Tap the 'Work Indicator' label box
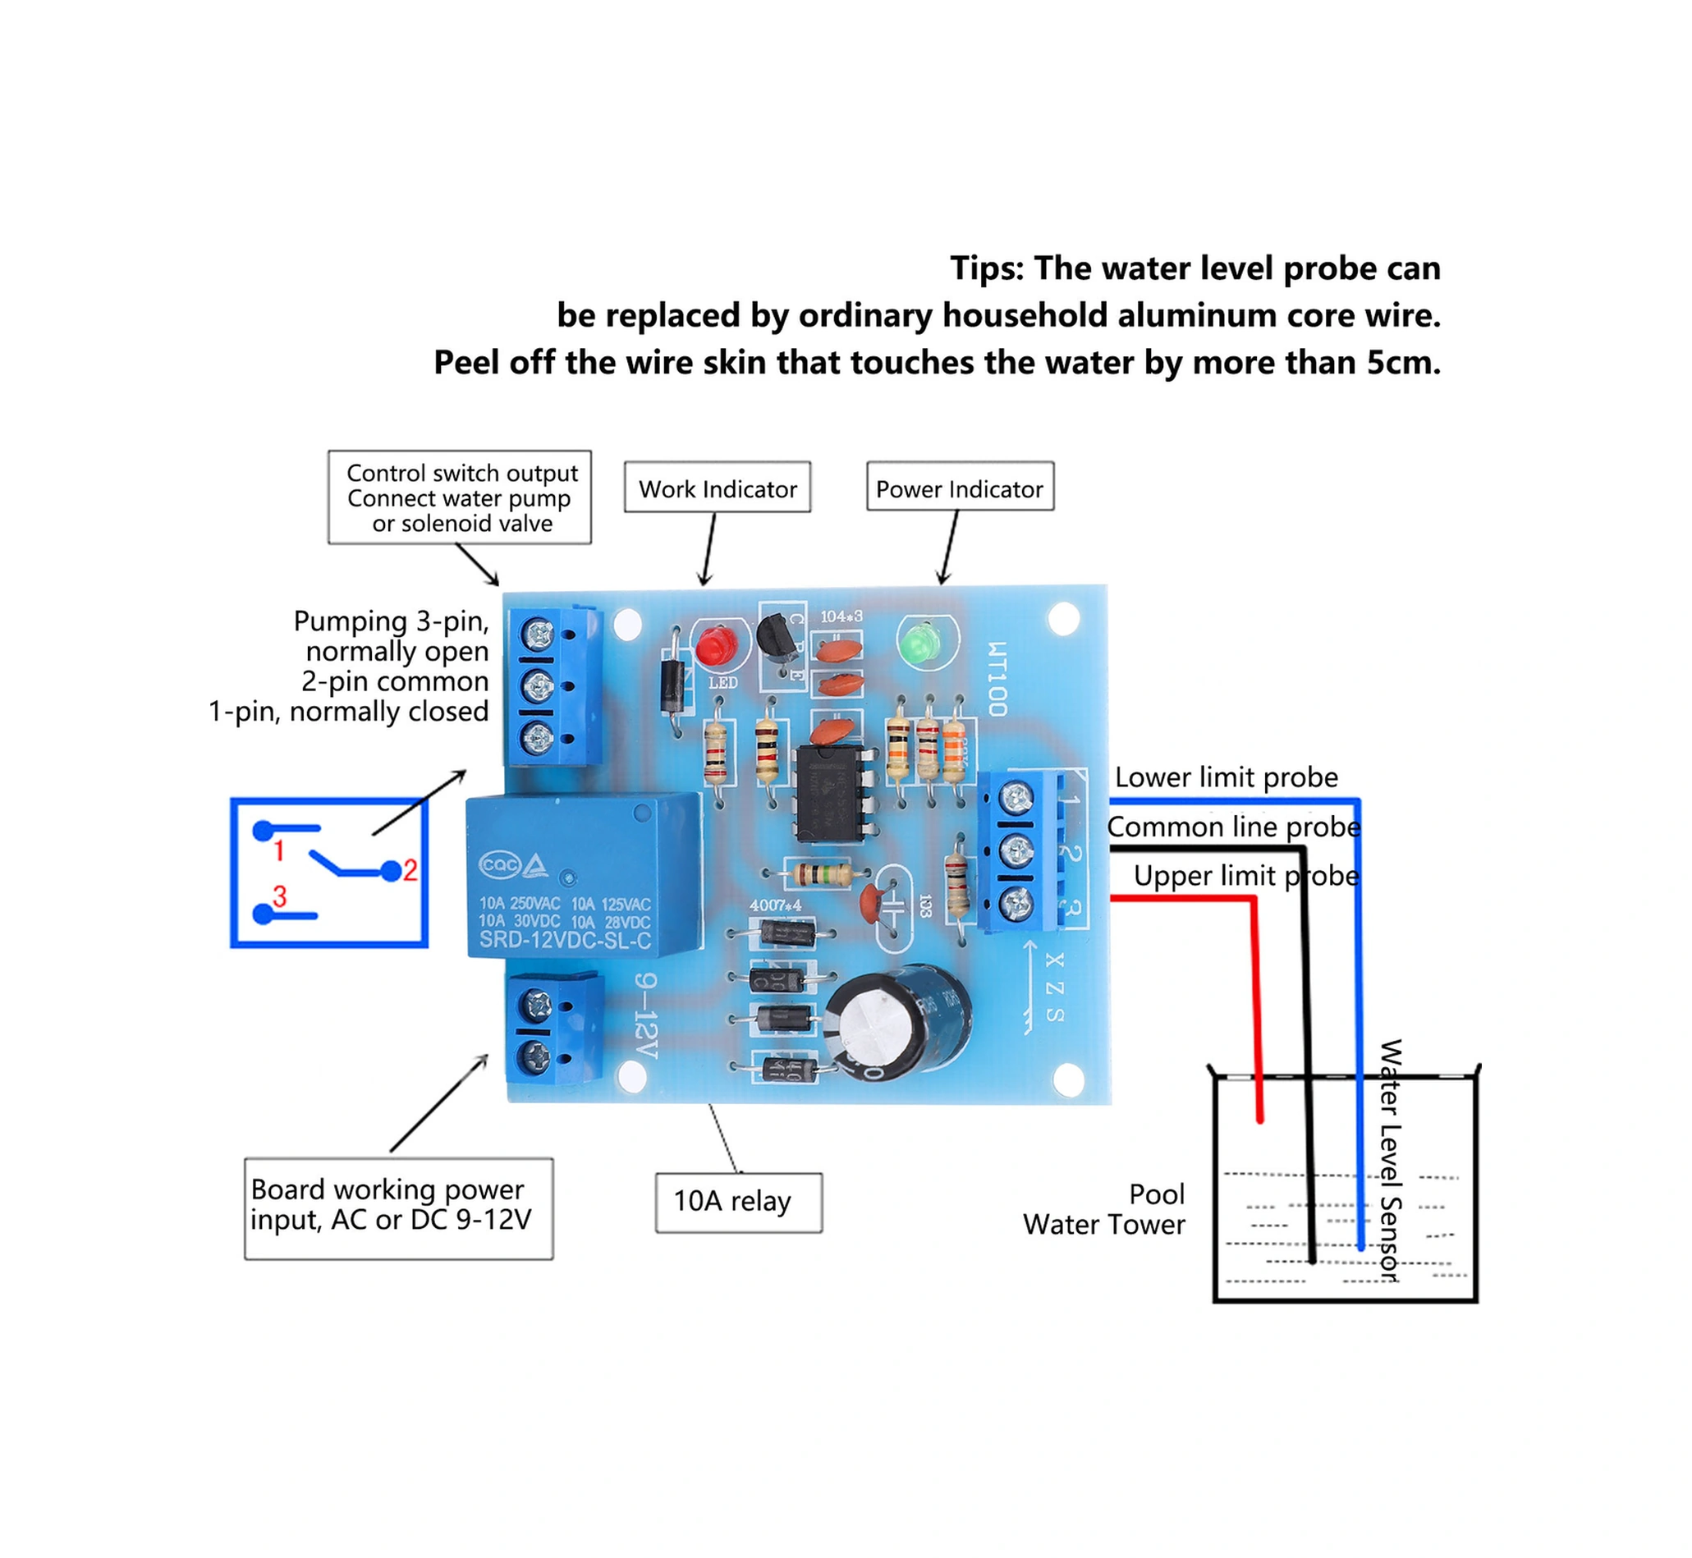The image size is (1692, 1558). click(717, 488)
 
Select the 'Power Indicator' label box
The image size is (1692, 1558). click(960, 488)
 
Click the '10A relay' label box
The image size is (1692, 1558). click(738, 1202)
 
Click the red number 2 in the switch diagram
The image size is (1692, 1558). click(410, 870)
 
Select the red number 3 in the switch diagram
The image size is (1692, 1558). click(280, 896)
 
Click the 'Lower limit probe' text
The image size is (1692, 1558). click(1226, 777)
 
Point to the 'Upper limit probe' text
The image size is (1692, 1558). click(1245, 876)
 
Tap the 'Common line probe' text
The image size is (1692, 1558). click(1232, 827)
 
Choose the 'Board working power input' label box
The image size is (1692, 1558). click(398, 1207)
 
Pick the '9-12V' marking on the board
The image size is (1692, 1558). click(645, 1015)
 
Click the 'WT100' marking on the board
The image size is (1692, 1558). click(997, 680)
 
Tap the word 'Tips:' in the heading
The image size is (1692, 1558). click(986, 269)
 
